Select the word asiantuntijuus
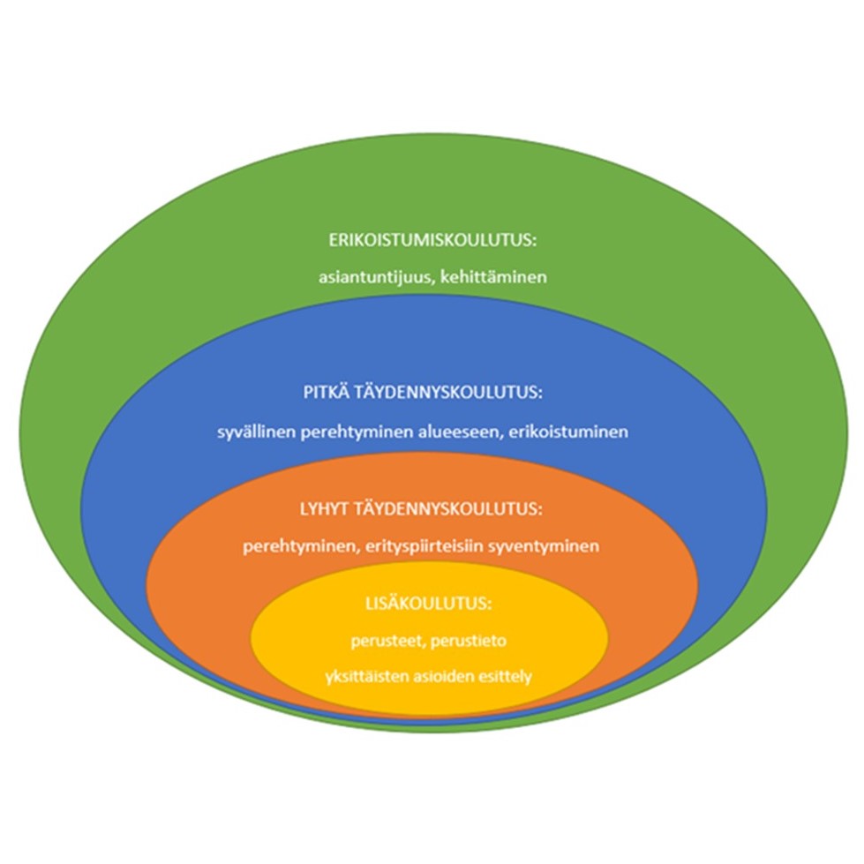click(368, 277)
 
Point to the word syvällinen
click(254, 432)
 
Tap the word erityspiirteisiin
click(419, 546)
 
